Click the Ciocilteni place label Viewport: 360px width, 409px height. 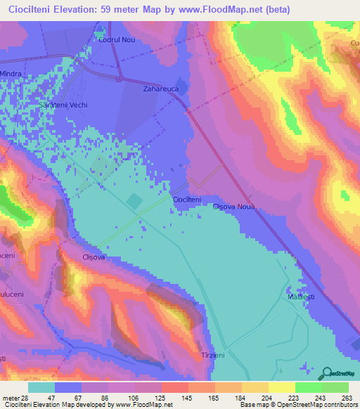point(187,200)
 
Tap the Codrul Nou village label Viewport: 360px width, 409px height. point(116,40)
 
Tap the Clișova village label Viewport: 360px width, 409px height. point(94,257)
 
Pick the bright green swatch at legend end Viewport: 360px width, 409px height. point(335,387)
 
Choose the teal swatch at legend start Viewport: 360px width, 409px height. point(41,387)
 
